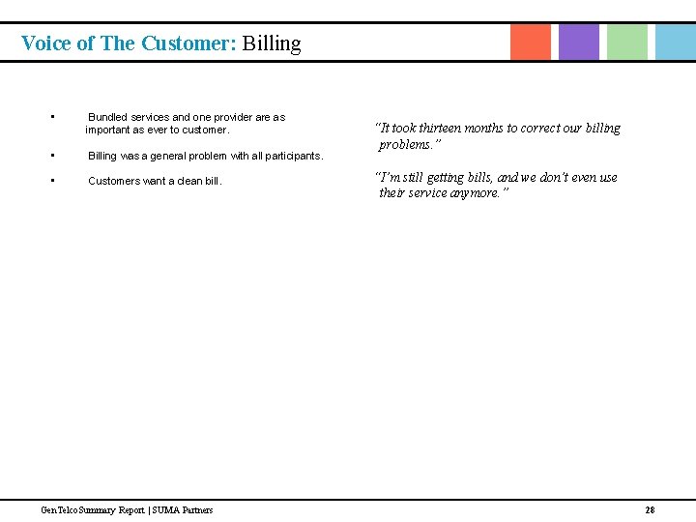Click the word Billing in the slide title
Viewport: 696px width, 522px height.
pos(272,43)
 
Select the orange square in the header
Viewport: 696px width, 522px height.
pos(531,42)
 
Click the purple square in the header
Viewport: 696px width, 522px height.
pos(579,42)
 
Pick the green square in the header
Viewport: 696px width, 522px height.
pos(627,42)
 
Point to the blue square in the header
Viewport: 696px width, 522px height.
pos(675,42)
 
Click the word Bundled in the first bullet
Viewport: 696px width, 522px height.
pos(108,117)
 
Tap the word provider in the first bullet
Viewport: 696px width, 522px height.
pos(234,117)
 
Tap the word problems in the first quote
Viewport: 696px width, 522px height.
pos(407,145)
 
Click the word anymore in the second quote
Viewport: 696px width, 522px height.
pos(473,193)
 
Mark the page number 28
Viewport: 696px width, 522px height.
pos(650,509)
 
